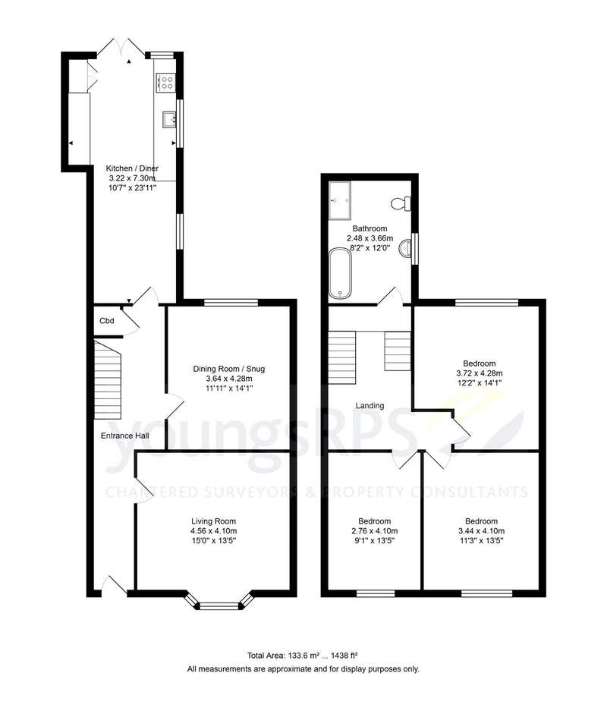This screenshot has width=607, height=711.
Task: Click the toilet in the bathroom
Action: click(401, 203)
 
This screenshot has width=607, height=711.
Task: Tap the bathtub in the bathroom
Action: click(340, 273)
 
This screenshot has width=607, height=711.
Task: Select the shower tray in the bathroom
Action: click(340, 200)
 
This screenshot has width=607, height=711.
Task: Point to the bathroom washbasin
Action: click(406, 248)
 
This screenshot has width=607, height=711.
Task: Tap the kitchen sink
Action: click(169, 120)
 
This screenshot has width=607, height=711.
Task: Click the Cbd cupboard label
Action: click(107, 321)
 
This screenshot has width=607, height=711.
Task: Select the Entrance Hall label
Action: click(124, 436)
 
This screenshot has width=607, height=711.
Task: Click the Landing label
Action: click(370, 405)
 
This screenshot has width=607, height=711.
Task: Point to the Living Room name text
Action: click(213, 521)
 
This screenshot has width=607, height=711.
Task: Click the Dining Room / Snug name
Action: click(229, 369)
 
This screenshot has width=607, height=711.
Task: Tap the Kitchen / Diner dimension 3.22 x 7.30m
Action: click(132, 178)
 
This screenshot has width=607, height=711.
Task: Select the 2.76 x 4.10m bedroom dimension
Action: click(375, 531)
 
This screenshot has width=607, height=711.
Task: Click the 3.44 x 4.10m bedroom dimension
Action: click(482, 531)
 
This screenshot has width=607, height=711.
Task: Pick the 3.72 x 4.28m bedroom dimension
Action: click(480, 373)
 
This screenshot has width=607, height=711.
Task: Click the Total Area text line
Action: click(303, 655)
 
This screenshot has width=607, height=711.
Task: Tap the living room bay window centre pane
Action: click(219, 606)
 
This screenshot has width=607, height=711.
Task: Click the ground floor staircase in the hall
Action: click(109, 380)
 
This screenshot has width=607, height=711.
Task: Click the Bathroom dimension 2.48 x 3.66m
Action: click(370, 238)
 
